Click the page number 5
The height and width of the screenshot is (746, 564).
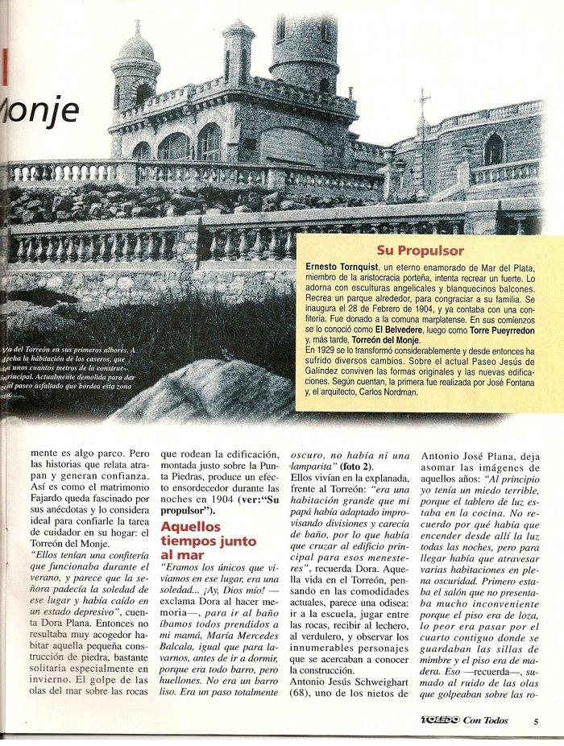(x=534, y=722)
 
